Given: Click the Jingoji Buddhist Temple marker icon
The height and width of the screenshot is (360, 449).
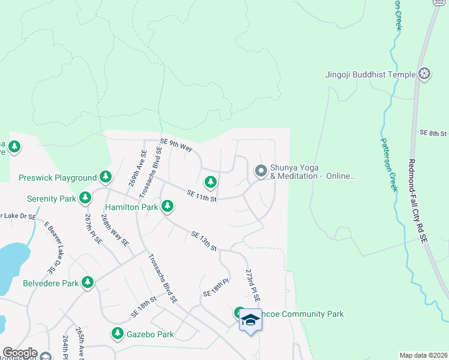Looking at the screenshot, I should pyautogui.click(x=425, y=74).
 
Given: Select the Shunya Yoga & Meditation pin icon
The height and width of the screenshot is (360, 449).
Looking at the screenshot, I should pyautogui.click(x=261, y=172).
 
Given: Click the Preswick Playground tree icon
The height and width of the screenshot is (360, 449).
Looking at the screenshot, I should pyautogui.click(x=106, y=177).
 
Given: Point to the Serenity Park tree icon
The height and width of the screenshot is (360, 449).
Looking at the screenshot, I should pyautogui.click(x=86, y=198).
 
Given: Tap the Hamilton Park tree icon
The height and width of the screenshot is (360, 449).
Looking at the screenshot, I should pyautogui.click(x=167, y=207).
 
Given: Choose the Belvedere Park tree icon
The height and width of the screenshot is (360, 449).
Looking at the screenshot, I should pyautogui.click(x=88, y=282).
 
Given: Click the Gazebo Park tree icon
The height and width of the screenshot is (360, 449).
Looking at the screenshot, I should pyautogui.click(x=117, y=334).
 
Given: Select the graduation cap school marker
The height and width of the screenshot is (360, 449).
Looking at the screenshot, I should pyautogui.click(x=250, y=321).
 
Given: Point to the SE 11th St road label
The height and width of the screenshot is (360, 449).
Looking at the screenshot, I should pyautogui.click(x=202, y=195).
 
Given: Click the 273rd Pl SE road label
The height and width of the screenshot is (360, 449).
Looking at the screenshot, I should pyautogui.click(x=253, y=285).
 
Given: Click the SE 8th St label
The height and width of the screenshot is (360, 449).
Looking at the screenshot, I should pyautogui.click(x=433, y=133).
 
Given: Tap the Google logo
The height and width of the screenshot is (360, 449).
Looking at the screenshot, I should pyautogui.click(x=19, y=353).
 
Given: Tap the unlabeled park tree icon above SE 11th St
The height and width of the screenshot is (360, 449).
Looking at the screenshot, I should pyautogui.click(x=210, y=181).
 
